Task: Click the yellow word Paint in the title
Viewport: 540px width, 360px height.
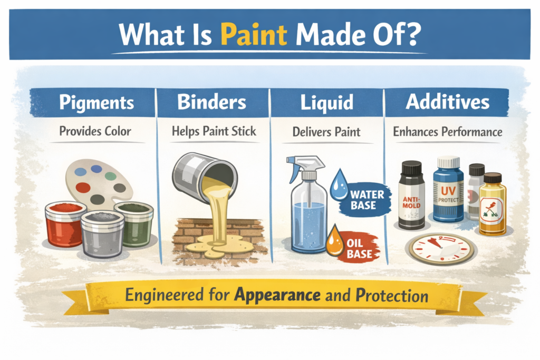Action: [254, 34]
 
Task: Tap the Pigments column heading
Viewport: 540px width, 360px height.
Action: [97, 103]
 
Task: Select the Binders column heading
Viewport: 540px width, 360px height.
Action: [212, 102]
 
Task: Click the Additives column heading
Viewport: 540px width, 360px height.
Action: [447, 102]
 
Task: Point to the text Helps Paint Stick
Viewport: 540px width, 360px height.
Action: [214, 131]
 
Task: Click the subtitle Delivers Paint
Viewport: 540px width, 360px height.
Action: [326, 132]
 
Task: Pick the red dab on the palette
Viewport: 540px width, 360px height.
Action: [83, 188]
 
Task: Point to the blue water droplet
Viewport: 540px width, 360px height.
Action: [339, 185]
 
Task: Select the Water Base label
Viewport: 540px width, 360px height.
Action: [367, 200]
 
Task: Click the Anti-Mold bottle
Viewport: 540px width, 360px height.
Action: [412, 195]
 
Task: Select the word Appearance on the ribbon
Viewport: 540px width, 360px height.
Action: [277, 295]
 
